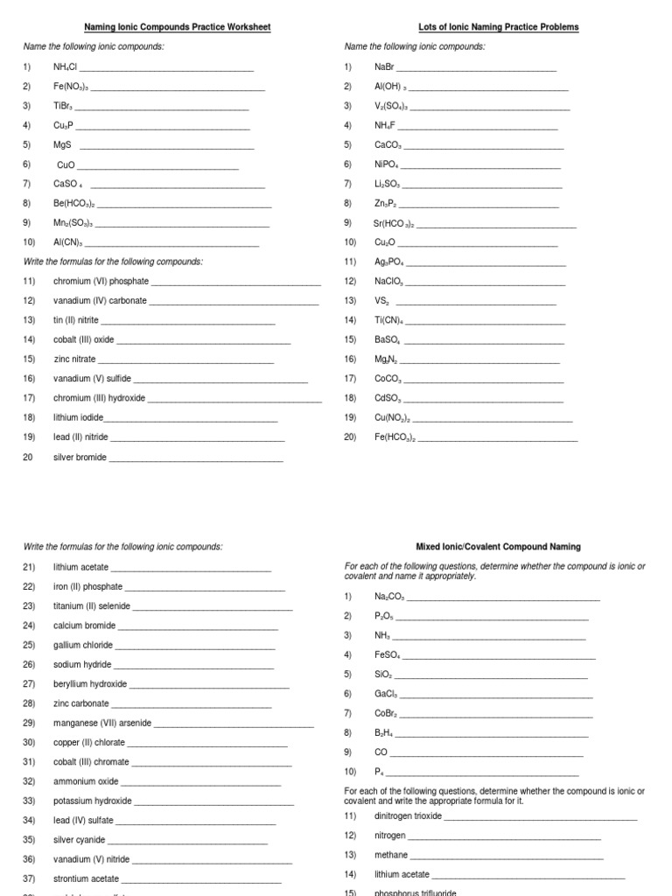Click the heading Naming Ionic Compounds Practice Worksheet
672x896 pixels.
click(177, 27)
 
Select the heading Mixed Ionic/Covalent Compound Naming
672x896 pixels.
click(498, 547)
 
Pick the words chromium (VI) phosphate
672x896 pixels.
click(101, 282)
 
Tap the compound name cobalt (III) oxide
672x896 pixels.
click(83, 339)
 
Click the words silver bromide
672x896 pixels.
click(80, 458)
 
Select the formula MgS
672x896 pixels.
click(62, 145)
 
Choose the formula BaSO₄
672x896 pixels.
click(388, 339)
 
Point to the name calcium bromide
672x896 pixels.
click(85, 626)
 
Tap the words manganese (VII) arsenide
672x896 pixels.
click(102, 724)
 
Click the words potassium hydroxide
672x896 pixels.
click(93, 801)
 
